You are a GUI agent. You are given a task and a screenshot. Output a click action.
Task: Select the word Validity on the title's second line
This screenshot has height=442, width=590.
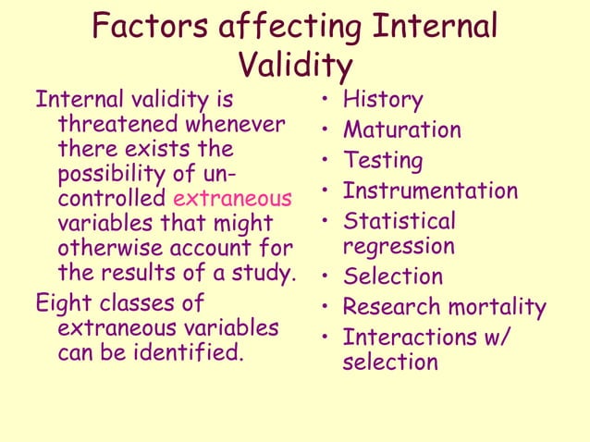click(x=295, y=66)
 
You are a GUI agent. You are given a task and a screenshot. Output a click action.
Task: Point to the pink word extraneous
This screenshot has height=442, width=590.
click(x=232, y=198)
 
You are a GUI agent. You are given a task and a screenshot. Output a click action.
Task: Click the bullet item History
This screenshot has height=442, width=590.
click(x=383, y=100)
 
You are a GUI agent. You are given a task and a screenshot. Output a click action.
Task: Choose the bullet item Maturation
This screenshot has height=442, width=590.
click(x=402, y=130)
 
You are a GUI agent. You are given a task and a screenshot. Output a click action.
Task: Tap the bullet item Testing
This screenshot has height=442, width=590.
click(x=383, y=161)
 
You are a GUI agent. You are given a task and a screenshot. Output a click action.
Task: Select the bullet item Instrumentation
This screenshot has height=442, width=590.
click(x=430, y=191)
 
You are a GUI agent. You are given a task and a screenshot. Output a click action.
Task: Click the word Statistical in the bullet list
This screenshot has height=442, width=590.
click(x=399, y=222)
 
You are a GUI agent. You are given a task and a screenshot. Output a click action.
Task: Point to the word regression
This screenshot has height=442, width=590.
click(x=399, y=246)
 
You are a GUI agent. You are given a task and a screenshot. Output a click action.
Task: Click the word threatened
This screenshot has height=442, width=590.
click(x=118, y=124)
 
